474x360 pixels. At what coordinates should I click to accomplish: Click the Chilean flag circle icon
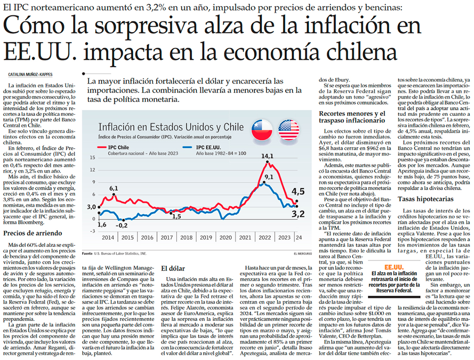click(x=262, y=130)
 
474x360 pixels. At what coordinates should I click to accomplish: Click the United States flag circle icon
click(x=289, y=130)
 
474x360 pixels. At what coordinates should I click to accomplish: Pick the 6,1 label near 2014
click(x=113, y=188)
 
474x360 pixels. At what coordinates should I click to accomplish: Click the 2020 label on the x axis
click(x=225, y=237)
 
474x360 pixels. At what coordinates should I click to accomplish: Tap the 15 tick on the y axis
click(x=92, y=157)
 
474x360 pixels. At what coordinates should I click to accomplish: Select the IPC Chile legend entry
click(x=118, y=147)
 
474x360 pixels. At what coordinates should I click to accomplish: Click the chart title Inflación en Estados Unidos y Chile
click(x=171, y=127)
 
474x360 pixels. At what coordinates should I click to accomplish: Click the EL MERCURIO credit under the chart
click(x=296, y=254)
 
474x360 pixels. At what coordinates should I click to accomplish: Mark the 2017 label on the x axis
click(x=167, y=237)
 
